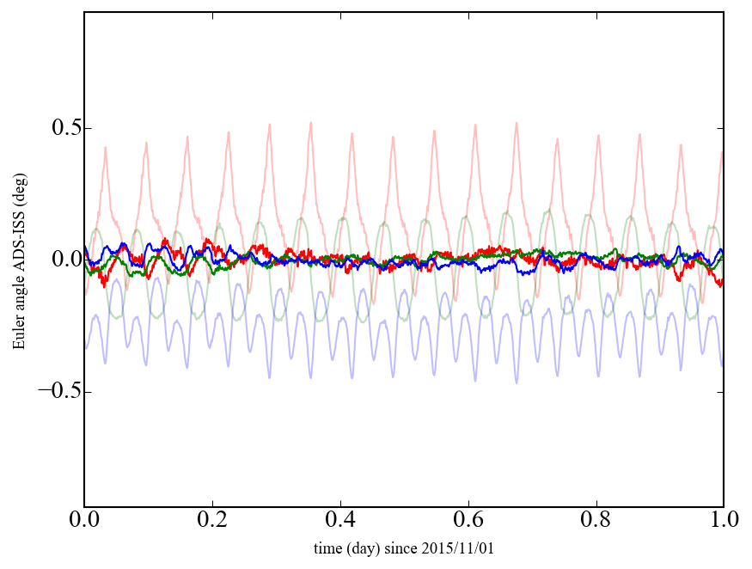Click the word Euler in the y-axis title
click(19, 335)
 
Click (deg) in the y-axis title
click(19, 194)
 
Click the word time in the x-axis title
click(327, 548)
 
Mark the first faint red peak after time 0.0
click(106, 148)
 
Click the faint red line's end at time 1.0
click(723, 153)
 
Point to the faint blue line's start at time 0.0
click(85, 348)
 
